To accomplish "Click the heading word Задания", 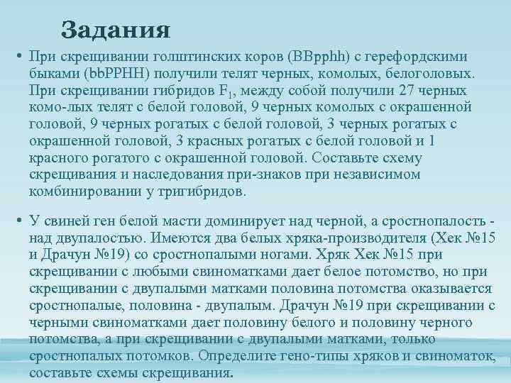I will click(116, 30).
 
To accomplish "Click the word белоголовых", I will click(434, 73).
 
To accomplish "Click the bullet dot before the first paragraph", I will click(22, 57).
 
